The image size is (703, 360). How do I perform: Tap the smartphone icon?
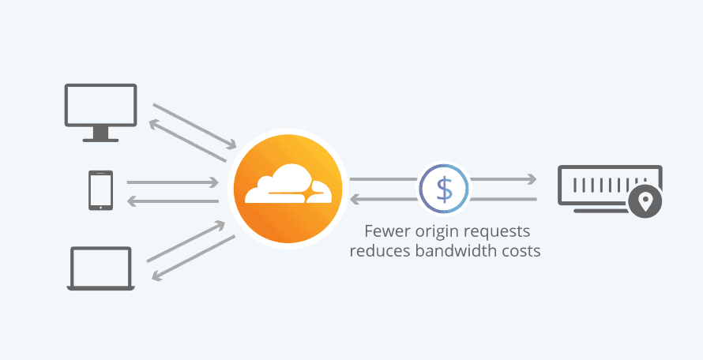[101, 191]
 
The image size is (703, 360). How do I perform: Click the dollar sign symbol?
[444, 189]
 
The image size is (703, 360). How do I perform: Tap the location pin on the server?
[645, 203]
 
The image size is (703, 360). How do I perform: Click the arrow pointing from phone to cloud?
[172, 182]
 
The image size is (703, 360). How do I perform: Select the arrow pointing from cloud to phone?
[172, 201]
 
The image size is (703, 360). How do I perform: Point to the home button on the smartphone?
[101, 208]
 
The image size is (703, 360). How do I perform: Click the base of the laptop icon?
[100, 287]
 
